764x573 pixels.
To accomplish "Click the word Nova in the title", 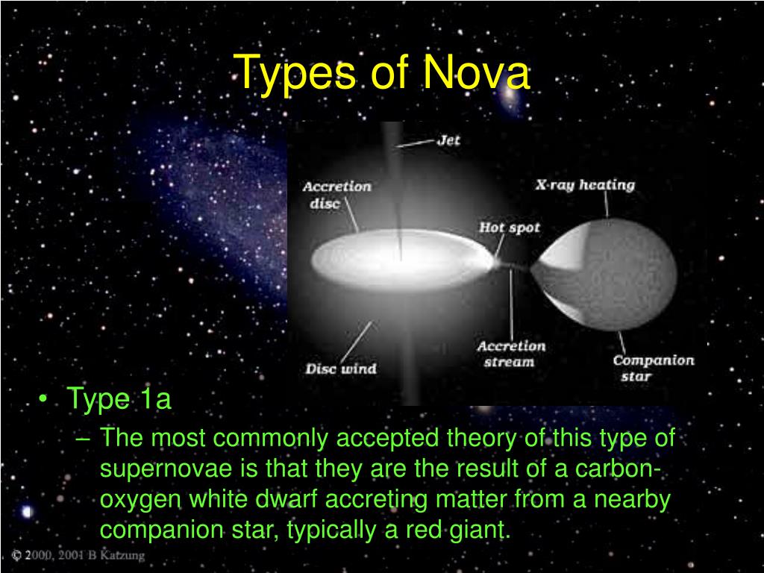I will click(477, 74).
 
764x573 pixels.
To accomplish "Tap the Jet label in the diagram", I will click(449, 140).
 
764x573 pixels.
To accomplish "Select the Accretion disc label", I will click(336, 195).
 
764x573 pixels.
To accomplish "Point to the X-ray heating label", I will click(585, 185).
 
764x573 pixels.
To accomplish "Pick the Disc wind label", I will click(341, 369).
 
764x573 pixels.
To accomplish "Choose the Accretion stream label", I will click(511, 354).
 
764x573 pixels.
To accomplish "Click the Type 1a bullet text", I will click(119, 399).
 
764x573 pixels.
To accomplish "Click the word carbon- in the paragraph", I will click(621, 469).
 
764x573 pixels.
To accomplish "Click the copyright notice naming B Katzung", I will click(78, 556).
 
